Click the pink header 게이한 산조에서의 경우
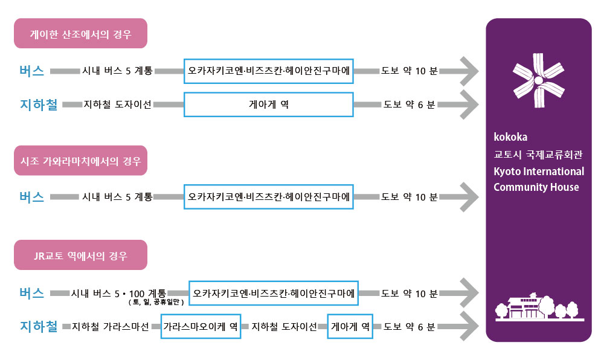(x=80, y=33)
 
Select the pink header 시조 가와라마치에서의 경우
(x=80, y=161)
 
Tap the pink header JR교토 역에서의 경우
(x=80, y=255)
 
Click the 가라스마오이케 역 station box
(x=201, y=327)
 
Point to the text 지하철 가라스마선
(x=111, y=327)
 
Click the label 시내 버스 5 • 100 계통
(x=118, y=293)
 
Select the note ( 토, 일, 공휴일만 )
(x=156, y=302)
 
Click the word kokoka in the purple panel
(x=510, y=137)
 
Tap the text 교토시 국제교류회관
(x=538, y=155)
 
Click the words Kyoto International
(x=539, y=172)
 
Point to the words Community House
(x=536, y=187)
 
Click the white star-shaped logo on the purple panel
(x=539, y=80)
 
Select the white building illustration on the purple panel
(x=539, y=306)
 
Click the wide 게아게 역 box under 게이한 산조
(x=269, y=104)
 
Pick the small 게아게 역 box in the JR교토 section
(x=350, y=327)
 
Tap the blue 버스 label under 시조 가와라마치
(x=32, y=197)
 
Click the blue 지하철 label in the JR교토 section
(x=39, y=327)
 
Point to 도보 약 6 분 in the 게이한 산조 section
(x=409, y=104)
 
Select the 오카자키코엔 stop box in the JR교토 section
(x=274, y=293)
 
